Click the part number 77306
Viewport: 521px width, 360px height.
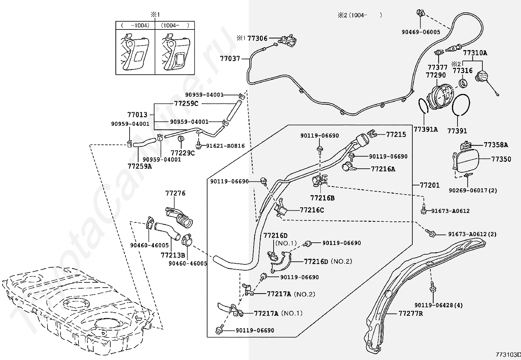point(257,38)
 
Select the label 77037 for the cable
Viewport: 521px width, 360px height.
point(230,59)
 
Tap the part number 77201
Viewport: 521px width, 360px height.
point(430,185)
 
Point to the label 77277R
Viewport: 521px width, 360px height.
point(411,313)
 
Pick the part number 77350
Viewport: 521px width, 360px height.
point(501,159)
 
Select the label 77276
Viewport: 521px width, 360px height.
point(175,193)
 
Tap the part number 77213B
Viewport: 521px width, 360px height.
point(173,255)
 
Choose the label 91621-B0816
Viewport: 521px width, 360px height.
point(225,146)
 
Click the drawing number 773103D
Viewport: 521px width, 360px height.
point(508,355)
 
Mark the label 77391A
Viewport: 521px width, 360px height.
point(425,129)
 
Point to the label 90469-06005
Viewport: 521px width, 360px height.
point(421,32)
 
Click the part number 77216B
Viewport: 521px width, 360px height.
point(322,198)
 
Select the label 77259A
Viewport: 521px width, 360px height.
point(140,166)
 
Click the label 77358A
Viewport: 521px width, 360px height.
point(496,145)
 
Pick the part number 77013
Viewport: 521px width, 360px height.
point(137,115)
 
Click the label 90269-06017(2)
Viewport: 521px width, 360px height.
point(473,190)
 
